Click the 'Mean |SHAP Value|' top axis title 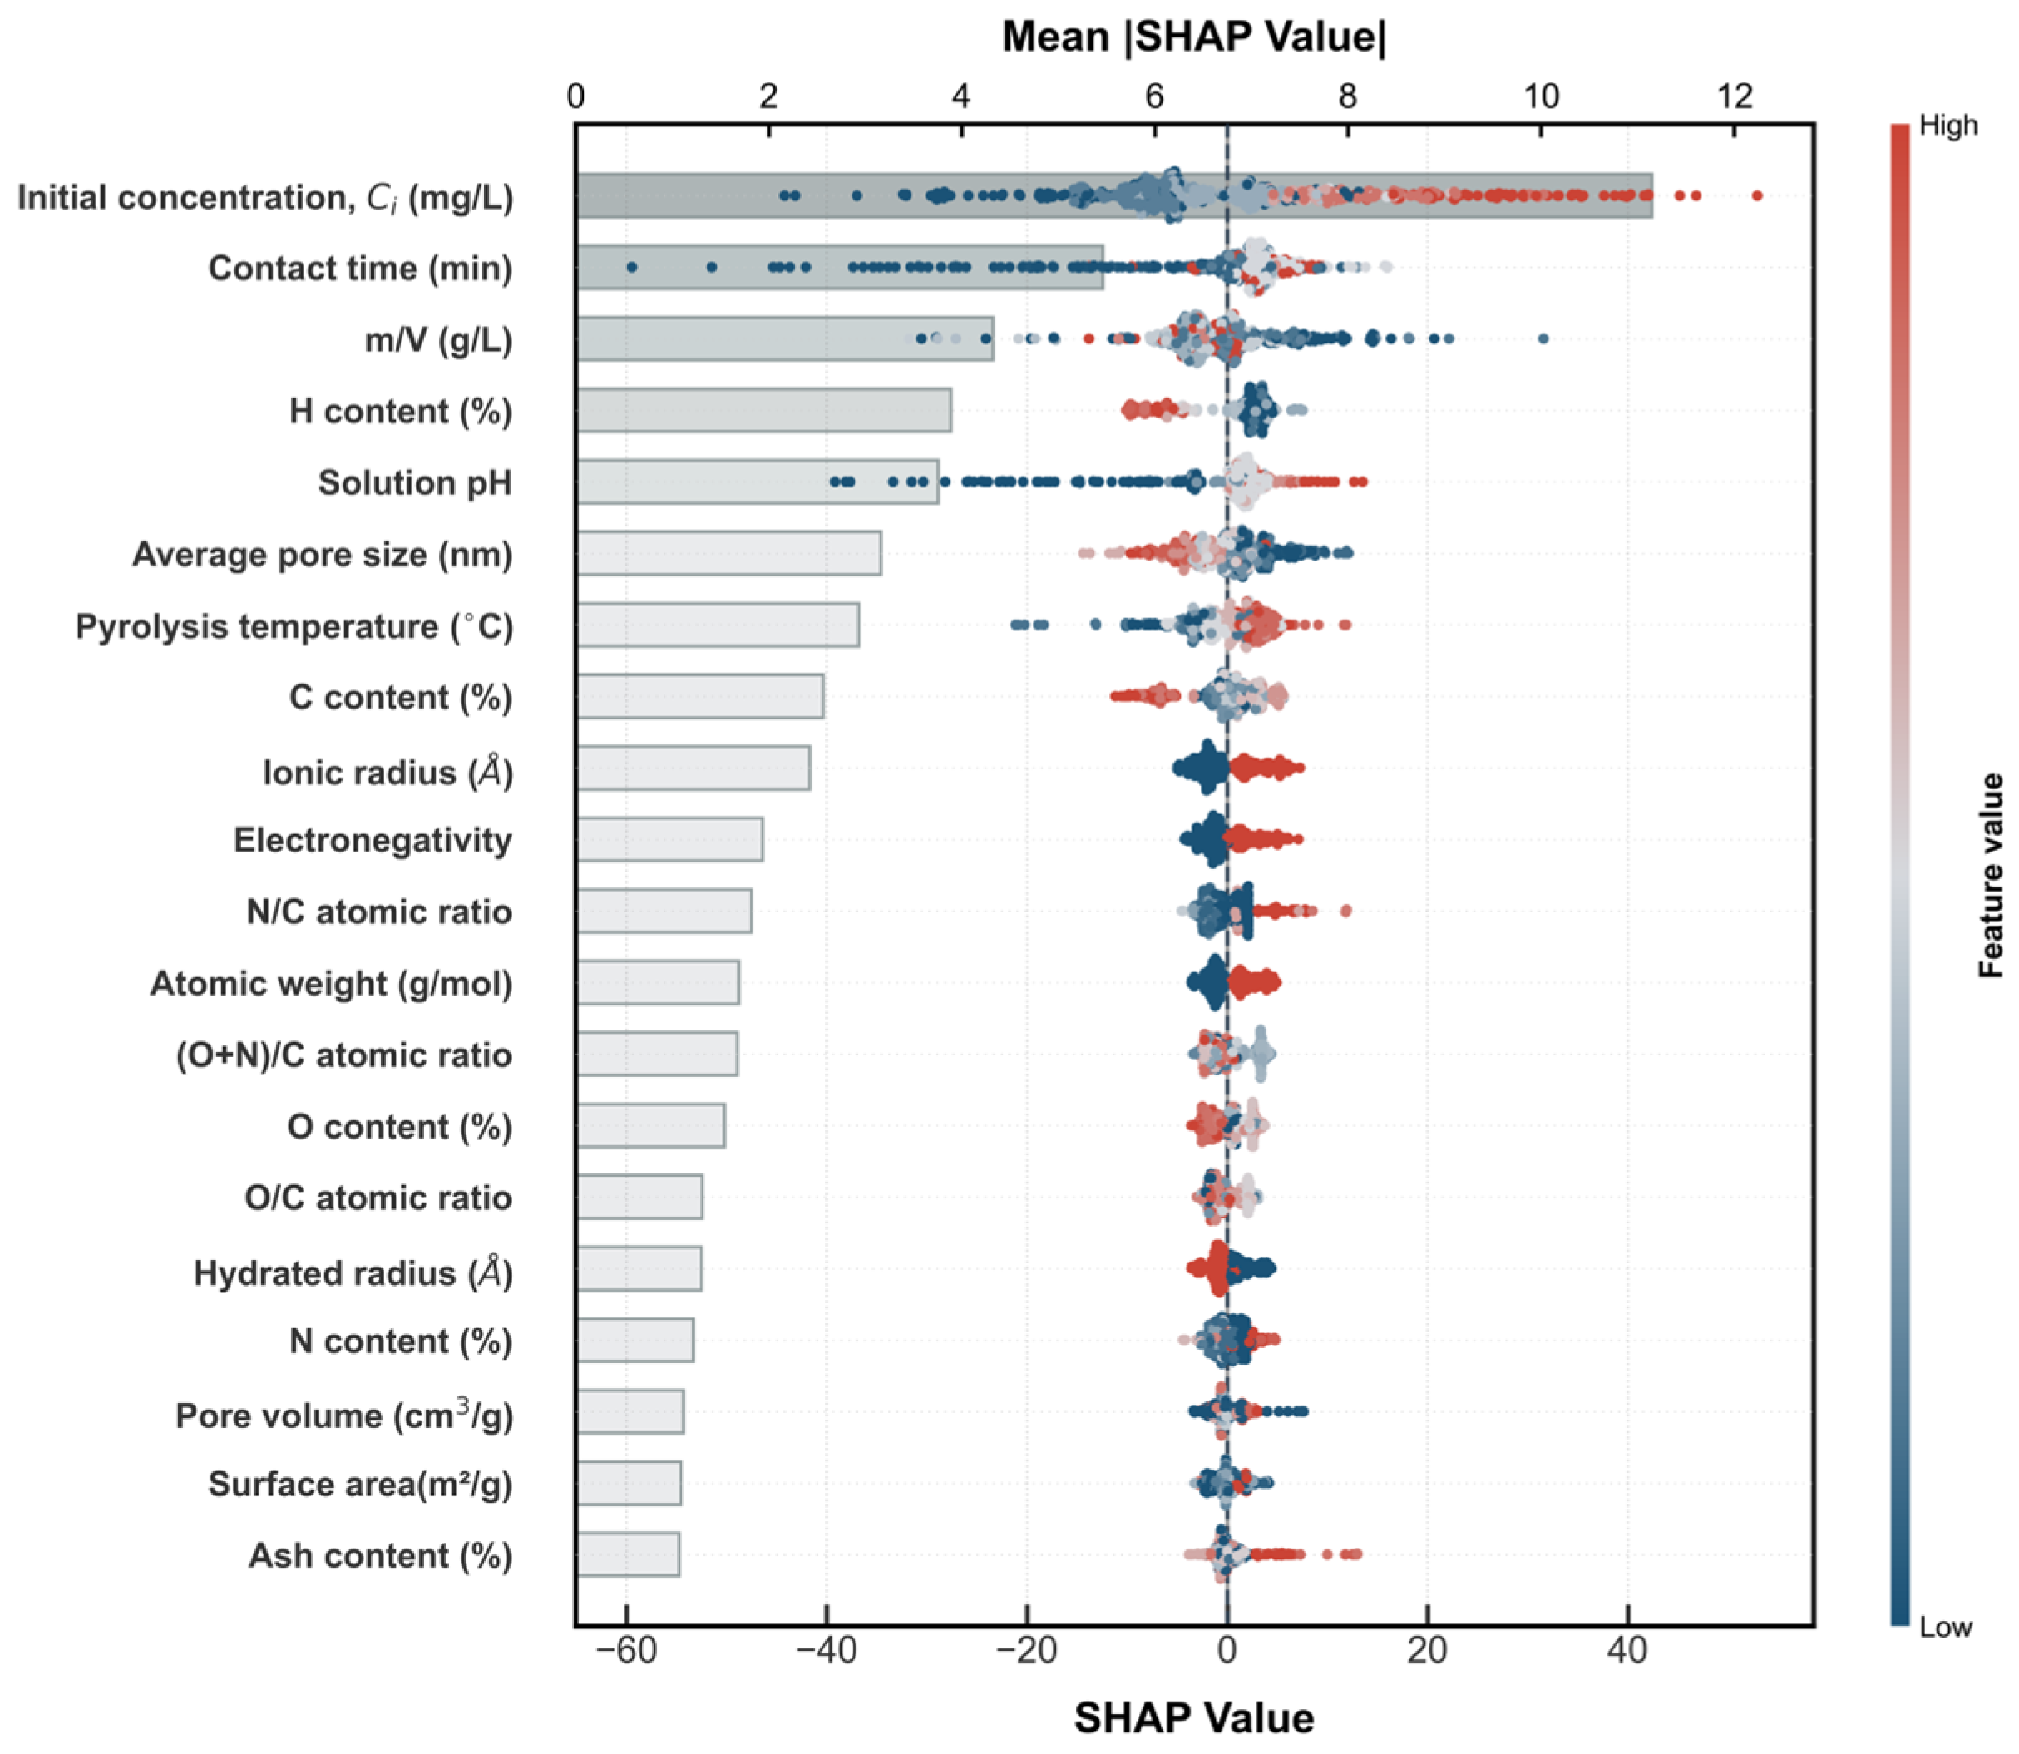click(1194, 37)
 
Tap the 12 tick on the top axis click(1735, 96)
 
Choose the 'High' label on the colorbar click(1947, 126)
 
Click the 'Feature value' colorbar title click(1991, 876)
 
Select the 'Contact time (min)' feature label click(360, 268)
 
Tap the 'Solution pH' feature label click(415, 482)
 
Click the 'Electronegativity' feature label click(373, 840)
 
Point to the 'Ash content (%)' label click(381, 1555)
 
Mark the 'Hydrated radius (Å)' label click(353, 1272)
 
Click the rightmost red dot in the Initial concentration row click(1757, 195)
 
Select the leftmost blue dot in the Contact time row click(631, 267)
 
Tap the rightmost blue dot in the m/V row click(1543, 338)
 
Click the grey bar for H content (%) click(763, 410)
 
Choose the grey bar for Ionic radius click(693, 768)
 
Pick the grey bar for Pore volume click(630, 1411)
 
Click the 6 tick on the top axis click(1155, 96)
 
